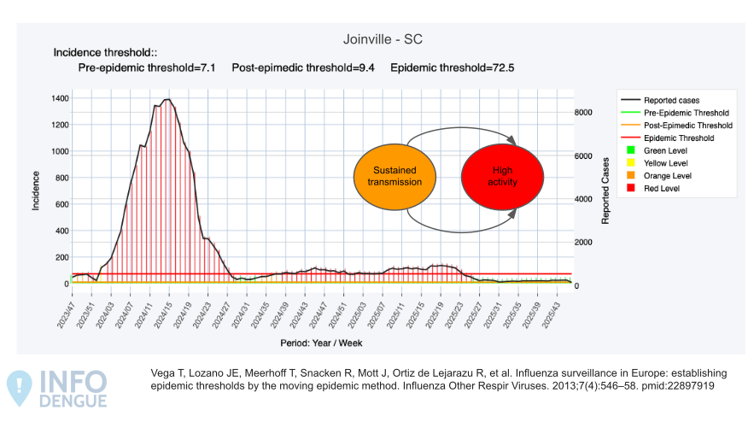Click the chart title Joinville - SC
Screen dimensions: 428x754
(x=382, y=39)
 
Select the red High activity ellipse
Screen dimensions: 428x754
(x=502, y=176)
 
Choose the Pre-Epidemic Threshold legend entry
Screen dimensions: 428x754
(x=686, y=113)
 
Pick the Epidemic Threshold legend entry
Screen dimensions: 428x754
(x=679, y=138)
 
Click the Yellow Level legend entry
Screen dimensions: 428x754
(x=666, y=162)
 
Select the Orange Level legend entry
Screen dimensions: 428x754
(x=667, y=175)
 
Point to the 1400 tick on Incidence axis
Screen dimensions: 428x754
(x=60, y=99)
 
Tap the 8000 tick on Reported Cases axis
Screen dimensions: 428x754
(x=583, y=113)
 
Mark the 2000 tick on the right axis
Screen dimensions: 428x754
(x=583, y=243)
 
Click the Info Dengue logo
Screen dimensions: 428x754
(x=58, y=389)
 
